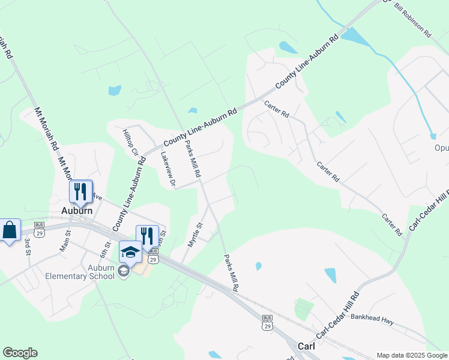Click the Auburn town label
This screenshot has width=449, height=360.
point(77,211)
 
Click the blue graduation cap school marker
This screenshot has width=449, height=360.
point(130,251)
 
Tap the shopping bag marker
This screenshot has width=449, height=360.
point(10,230)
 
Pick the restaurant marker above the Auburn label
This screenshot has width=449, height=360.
point(80,191)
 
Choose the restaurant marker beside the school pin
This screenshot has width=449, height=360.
point(147,236)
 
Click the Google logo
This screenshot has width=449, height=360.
point(20,353)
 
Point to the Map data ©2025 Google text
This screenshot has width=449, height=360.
point(412,355)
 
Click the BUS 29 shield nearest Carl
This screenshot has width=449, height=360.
point(268,323)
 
